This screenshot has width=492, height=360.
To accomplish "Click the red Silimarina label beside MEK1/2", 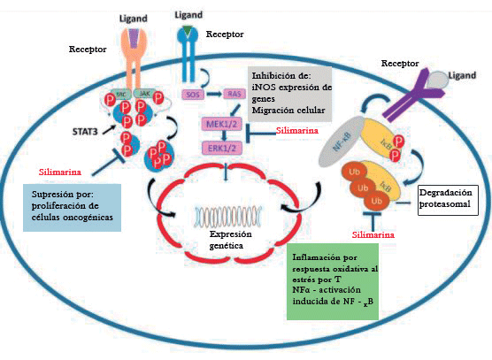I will tap(297, 130).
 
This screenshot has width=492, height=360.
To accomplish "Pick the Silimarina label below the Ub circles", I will tap(374, 235).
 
